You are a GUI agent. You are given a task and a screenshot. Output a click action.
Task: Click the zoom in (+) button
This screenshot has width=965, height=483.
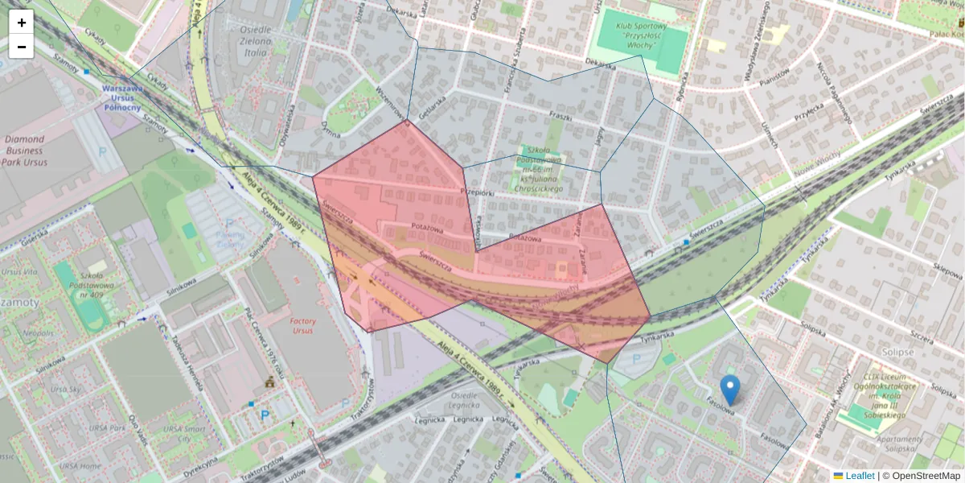[x=22, y=23]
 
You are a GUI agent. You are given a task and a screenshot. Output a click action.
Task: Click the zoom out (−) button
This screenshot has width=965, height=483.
[x=22, y=47]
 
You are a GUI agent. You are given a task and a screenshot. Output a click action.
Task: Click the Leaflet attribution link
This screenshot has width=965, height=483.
[x=859, y=476]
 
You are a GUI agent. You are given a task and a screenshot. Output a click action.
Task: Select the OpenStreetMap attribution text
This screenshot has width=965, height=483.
[x=926, y=476]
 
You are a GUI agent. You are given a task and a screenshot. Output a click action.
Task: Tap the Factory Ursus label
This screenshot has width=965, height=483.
[x=303, y=326]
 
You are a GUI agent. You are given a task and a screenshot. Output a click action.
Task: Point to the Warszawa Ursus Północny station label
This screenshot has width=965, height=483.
[x=122, y=97]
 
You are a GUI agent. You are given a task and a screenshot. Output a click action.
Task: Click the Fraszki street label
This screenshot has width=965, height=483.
[x=560, y=117]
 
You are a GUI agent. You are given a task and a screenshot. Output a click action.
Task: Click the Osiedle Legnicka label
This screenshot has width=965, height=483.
[x=464, y=401]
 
